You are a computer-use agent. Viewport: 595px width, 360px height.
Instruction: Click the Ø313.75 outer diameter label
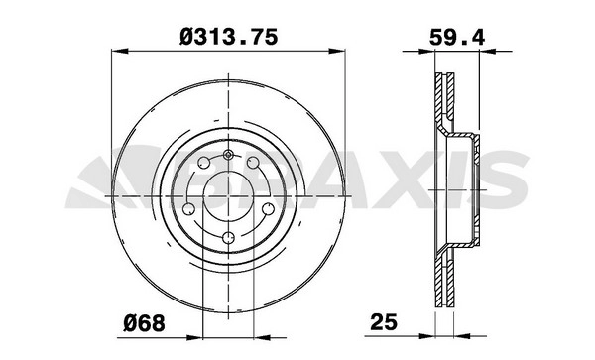tap(228, 38)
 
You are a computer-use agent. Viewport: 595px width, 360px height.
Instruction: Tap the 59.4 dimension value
tap(456, 38)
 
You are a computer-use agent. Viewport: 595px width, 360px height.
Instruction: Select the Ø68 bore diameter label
tap(145, 323)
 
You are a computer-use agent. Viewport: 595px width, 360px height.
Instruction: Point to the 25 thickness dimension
tap(384, 322)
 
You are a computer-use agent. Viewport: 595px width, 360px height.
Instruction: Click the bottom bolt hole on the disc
tap(228, 238)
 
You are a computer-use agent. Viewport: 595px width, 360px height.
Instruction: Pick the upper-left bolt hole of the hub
tap(204, 163)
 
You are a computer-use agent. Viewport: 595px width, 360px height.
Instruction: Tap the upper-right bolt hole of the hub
tap(253, 163)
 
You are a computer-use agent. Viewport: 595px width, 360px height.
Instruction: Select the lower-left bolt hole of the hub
tap(188, 209)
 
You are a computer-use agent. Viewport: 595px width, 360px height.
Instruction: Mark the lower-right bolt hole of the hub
tap(269, 209)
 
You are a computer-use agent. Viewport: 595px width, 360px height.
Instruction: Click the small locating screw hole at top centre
tap(228, 154)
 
